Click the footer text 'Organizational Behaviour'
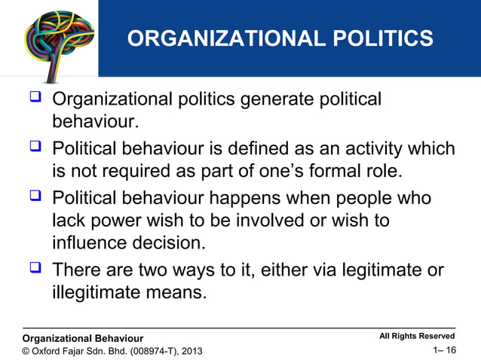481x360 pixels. point(83,338)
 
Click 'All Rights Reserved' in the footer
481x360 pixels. point(416,336)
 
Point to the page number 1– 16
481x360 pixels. point(444,350)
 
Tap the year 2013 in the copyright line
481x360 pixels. point(191,351)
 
